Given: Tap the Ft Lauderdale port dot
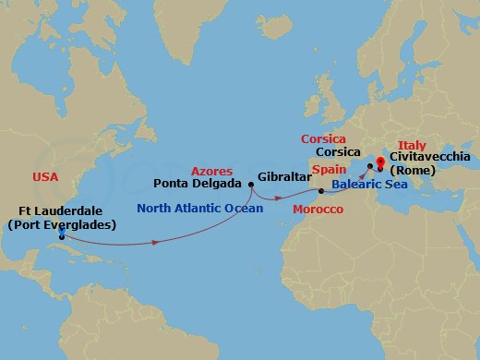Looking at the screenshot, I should click(61, 237).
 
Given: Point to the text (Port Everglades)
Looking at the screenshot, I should click(61, 224).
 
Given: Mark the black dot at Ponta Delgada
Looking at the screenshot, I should click(251, 184).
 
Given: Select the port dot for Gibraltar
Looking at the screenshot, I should click(320, 191).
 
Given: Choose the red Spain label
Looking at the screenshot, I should click(328, 171).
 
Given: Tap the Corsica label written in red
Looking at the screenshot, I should click(324, 139).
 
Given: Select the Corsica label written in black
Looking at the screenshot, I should click(338, 153).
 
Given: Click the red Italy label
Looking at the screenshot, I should click(412, 145).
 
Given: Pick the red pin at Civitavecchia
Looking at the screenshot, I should click(381, 162).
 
